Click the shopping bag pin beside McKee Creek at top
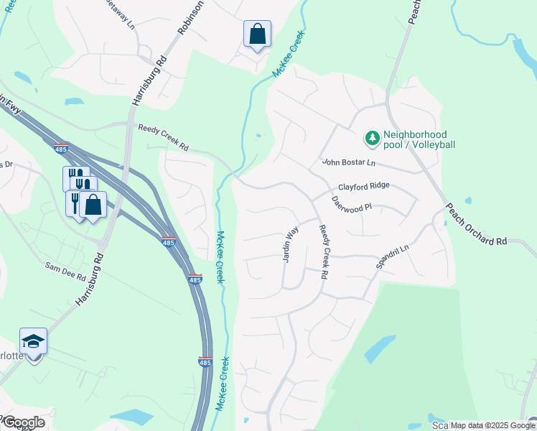(257, 34)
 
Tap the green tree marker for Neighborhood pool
(373, 136)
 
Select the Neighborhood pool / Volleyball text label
(419, 139)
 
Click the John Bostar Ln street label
(348, 163)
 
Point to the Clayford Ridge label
(364, 185)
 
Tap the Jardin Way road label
(290, 244)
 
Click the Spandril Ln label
(392, 256)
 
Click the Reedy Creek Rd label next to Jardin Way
(324, 251)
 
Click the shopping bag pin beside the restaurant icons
(93, 205)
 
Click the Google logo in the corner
(23, 422)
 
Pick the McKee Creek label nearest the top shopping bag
(289, 54)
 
